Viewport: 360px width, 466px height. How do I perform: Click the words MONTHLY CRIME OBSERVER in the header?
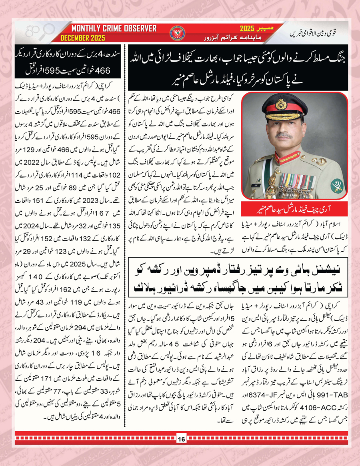click(114, 29)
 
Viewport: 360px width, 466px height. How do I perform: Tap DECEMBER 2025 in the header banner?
click(83, 38)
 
